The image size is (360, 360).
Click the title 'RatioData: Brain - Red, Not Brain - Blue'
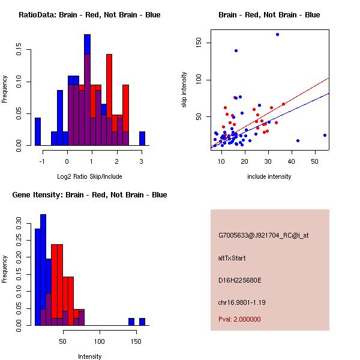(89, 15)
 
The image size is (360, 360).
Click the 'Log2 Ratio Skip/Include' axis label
(89, 176)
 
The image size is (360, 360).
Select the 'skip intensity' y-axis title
(184, 90)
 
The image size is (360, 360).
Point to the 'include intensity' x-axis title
(269, 176)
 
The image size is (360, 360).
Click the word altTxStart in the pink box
(232, 258)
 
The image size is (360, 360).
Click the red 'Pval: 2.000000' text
(239, 319)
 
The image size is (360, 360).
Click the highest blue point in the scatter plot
(277, 34)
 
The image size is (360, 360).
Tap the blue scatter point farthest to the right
(325, 135)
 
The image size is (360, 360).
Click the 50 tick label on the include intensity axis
(315, 162)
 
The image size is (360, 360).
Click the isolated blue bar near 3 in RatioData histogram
(142, 139)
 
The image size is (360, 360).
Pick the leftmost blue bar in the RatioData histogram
(38, 131)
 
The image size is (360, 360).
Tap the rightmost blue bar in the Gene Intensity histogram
(142, 322)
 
